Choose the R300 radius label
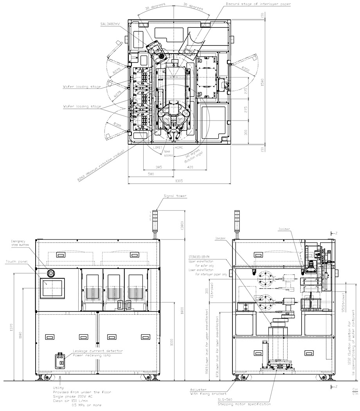click(x=117, y=124)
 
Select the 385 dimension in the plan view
click(x=159, y=167)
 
